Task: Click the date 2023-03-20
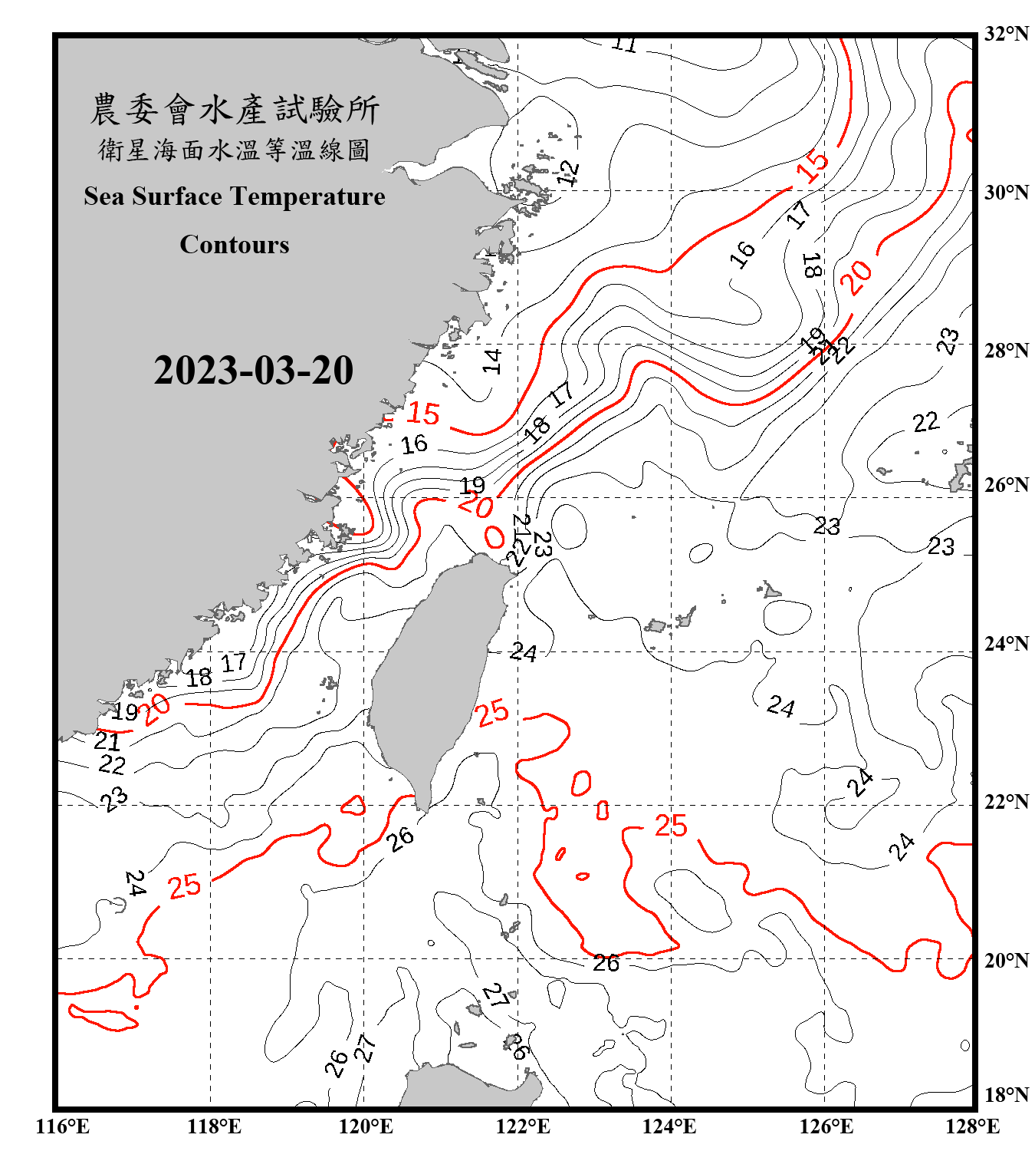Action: pos(253,371)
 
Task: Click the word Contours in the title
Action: pos(235,245)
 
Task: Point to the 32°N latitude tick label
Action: pos(1006,34)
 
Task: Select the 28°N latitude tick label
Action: pos(1006,351)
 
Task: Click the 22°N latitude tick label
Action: pos(1006,802)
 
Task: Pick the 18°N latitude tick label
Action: pos(1006,1095)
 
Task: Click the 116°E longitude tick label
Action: pos(63,1126)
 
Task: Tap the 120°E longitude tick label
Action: pos(366,1126)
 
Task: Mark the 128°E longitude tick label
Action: pos(972,1126)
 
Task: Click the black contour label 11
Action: pos(624,45)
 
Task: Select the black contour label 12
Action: pos(568,173)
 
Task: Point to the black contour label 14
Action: pos(492,361)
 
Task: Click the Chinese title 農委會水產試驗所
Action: pos(235,110)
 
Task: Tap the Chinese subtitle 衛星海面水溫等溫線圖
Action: pos(235,150)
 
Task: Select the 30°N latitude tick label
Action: pos(1006,193)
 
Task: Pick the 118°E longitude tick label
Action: pos(214,1126)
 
